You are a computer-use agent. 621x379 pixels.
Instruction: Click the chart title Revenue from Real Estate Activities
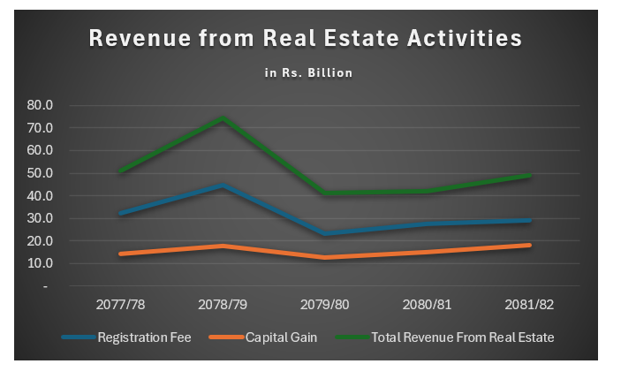click(304, 39)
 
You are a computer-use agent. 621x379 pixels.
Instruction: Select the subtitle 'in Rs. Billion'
click(308, 73)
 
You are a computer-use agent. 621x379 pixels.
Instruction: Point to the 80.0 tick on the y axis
click(41, 105)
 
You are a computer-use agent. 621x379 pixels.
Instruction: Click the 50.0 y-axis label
click(41, 173)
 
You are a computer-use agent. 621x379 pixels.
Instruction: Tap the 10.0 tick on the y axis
click(41, 263)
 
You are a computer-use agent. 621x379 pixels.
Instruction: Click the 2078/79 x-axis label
click(223, 304)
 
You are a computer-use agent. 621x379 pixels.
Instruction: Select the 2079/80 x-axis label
click(326, 304)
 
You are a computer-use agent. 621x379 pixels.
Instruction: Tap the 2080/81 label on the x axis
click(428, 304)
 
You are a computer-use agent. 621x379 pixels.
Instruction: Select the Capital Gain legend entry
click(279, 337)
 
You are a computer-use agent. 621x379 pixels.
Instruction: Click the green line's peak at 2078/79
click(223, 117)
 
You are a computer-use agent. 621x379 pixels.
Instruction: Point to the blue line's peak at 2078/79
click(223, 186)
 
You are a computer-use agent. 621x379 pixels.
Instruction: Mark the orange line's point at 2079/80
click(326, 257)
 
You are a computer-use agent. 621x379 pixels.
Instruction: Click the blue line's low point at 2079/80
click(326, 234)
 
